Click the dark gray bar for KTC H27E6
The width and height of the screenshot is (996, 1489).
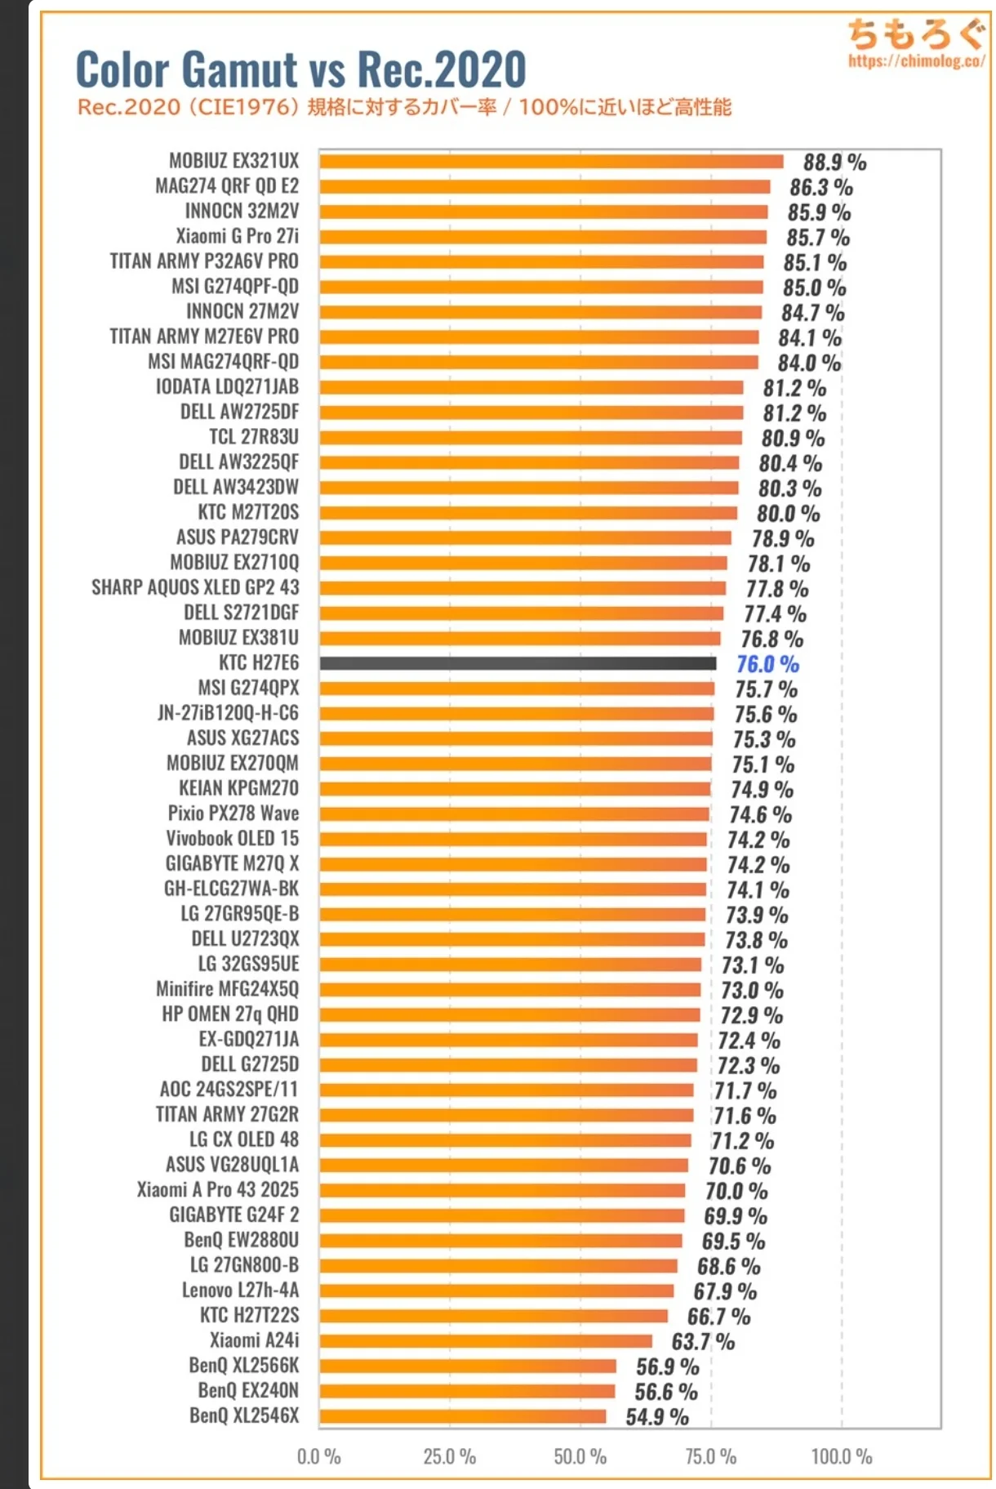(518, 663)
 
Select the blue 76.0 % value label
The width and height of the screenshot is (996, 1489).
(767, 664)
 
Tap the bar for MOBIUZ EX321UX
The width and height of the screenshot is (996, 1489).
(551, 161)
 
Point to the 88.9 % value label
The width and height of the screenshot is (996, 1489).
(834, 162)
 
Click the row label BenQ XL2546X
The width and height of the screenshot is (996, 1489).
(244, 1415)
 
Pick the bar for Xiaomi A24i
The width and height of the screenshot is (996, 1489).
(486, 1340)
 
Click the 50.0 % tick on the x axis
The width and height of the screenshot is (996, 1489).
(580, 1456)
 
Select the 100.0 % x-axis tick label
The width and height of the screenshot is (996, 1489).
(841, 1456)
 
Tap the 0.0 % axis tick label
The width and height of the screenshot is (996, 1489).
(318, 1456)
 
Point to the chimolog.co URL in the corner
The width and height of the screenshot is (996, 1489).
(916, 60)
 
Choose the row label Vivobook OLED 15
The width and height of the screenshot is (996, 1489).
(232, 838)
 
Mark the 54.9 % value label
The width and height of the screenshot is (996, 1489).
(657, 1416)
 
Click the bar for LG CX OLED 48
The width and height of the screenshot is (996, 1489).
(505, 1139)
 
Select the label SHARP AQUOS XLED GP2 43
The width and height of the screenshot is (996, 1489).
(195, 587)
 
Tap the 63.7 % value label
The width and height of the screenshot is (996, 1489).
(703, 1341)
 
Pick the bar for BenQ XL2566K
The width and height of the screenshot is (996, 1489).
(468, 1366)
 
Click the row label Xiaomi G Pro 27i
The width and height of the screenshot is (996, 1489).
(237, 236)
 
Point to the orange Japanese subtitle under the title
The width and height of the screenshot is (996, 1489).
(404, 107)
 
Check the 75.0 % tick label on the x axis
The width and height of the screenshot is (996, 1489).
(710, 1456)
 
